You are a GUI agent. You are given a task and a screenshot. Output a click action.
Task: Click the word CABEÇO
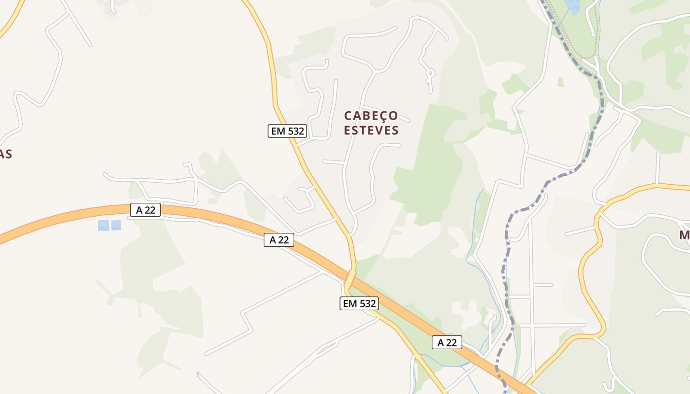click(x=371, y=116)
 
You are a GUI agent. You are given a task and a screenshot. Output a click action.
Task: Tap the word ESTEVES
click(x=371, y=131)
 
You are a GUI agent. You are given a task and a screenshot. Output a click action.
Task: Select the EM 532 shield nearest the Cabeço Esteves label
click(x=287, y=131)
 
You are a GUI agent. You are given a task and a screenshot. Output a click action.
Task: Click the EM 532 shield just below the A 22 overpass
click(x=359, y=303)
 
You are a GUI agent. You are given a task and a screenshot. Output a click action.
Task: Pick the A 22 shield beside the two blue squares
click(x=145, y=210)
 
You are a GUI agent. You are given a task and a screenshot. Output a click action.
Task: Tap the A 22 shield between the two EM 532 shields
click(x=279, y=240)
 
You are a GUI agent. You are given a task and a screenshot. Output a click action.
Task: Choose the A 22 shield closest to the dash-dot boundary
click(x=447, y=342)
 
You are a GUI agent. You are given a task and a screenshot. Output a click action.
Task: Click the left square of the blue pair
click(x=103, y=226)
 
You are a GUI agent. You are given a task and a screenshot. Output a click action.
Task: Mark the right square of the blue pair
click(x=116, y=226)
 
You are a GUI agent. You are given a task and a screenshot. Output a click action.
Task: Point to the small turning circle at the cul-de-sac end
click(x=430, y=73)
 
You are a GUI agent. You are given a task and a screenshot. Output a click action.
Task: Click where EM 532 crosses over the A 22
click(x=350, y=279)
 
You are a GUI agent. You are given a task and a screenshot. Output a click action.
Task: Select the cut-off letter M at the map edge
click(x=684, y=235)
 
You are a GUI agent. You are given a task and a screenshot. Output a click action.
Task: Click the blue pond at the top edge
click(x=573, y=5)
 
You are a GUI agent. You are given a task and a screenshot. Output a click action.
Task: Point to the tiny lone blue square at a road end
click(x=198, y=374)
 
